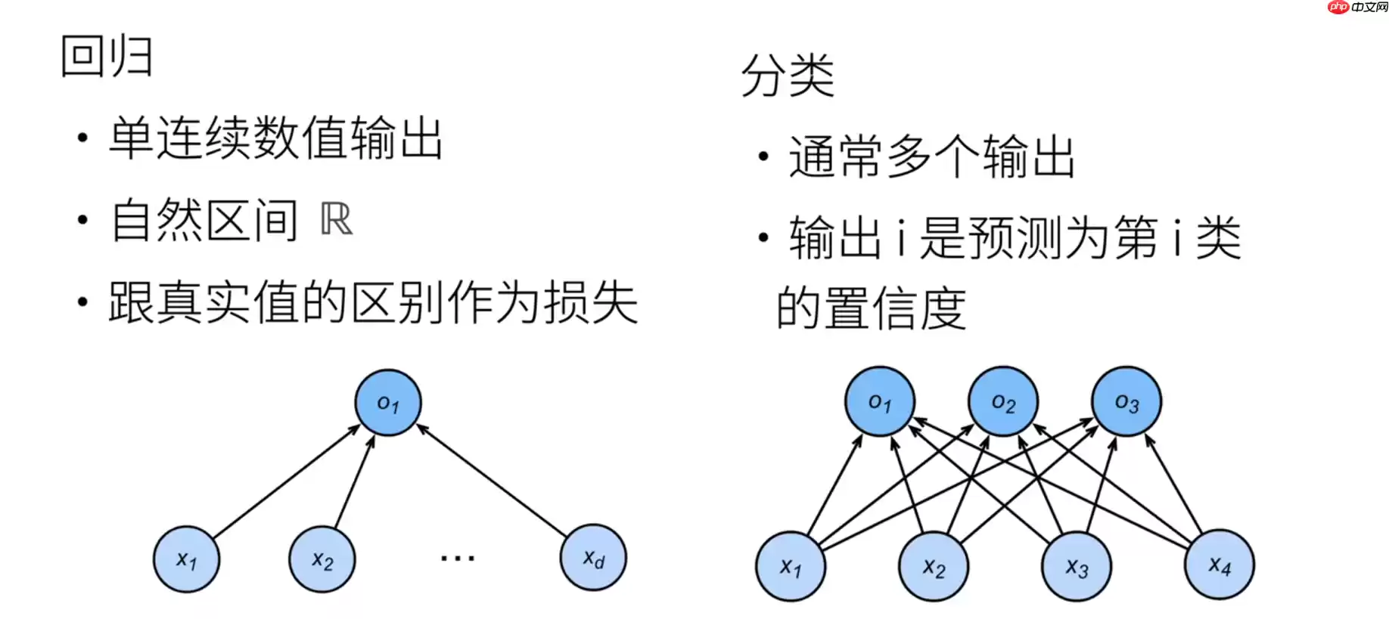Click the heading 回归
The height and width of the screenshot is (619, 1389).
(x=107, y=57)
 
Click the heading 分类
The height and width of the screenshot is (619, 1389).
(x=788, y=76)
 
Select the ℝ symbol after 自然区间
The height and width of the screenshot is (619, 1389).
(x=337, y=220)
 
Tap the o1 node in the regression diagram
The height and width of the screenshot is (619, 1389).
(x=388, y=403)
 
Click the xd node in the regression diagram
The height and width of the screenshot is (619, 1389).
(x=593, y=559)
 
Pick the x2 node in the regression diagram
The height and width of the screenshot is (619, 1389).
(x=322, y=560)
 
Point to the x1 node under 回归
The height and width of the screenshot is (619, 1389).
(x=186, y=560)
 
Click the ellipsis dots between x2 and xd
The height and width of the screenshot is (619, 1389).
(x=458, y=559)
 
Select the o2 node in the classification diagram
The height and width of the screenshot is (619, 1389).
(x=1003, y=402)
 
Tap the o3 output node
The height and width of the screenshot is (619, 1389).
(x=1126, y=402)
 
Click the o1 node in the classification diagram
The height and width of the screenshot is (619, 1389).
(x=880, y=402)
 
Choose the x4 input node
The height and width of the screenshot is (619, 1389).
(x=1220, y=565)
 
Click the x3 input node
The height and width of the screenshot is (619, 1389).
(x=1077, y=566)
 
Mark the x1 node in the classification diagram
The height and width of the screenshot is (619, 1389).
(x=791, y=566)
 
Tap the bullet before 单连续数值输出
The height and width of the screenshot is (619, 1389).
(x=82, y=138)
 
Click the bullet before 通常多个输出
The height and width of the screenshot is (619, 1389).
(x=763, y=157)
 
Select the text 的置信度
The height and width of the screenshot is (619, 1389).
(x=871, y=308)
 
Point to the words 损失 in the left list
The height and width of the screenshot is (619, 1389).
(x=591, y=302)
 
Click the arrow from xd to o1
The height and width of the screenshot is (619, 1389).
(x=492, y=481)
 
